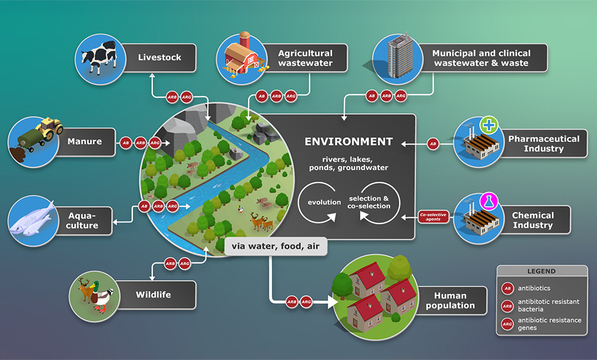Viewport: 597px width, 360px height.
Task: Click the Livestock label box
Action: (159, 58)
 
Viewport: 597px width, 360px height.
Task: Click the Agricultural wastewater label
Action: (305, 58)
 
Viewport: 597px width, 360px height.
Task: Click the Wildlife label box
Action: (153, 295)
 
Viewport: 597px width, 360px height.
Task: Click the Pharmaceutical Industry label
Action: (544, 143)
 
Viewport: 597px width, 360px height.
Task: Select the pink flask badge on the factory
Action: (488, 202)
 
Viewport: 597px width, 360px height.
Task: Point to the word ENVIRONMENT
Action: (348, 141)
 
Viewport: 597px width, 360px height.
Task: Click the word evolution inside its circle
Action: (324, 202)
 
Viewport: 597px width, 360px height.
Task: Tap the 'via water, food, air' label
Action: (275, 246)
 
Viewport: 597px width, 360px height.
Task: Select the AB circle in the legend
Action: (507, 288)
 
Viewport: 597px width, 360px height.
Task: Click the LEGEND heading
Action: (541, 271)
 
